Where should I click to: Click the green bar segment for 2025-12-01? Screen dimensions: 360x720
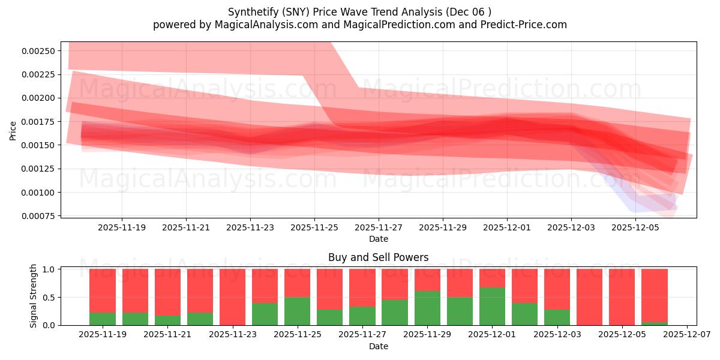pos(492,306)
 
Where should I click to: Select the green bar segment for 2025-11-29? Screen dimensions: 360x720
pos(427,308)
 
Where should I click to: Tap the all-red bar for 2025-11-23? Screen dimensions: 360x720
pos(232,297)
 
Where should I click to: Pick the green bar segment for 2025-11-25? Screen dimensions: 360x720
pos(297,311)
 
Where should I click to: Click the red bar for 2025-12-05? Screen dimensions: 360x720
pos(622,297)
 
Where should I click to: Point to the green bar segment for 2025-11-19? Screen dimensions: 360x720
pos(103,319)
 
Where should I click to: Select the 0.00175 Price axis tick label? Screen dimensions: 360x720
pos(38,122)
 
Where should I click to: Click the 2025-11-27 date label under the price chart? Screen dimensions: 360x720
pos(379,228)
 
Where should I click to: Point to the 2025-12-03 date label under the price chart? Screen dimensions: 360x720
pos(571,228)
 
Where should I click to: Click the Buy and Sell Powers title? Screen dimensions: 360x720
pos(378,257)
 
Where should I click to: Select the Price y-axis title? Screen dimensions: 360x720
pos(13,130)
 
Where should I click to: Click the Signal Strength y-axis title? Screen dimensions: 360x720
pos(34,296)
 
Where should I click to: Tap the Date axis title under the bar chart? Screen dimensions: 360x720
pos(378,346)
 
